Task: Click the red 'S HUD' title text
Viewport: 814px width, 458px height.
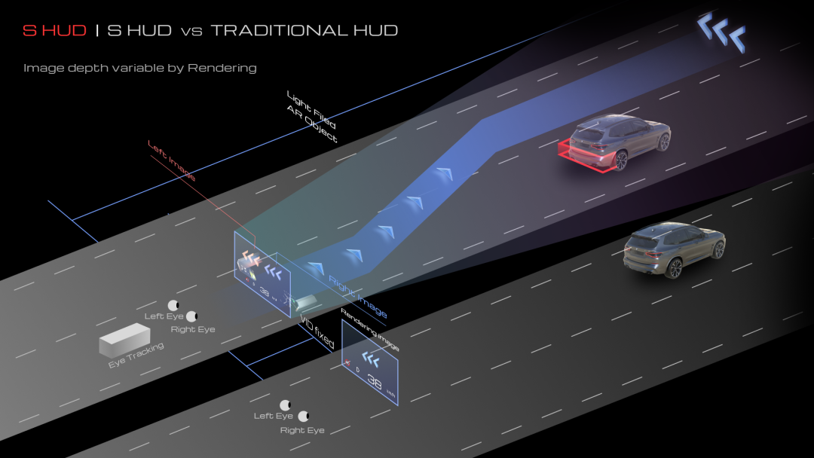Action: click(x=54, y=31)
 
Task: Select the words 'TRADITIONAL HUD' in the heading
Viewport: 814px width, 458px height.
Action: click(x=304, y=31)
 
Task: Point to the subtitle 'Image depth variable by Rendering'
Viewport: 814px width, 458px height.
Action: click(x=140, y=68)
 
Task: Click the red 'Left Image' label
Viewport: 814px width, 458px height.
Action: click(x=172, y=162)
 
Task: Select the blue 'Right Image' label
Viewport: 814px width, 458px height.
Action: click(x=358, y=296)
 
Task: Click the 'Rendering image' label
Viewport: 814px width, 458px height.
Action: click(x=369, y=329)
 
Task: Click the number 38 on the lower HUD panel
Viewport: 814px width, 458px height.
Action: click(x=375, y=382)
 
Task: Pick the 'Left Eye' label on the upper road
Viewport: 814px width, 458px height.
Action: click(x=164, y=316)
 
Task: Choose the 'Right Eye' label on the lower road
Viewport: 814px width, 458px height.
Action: click(x=302, y=430)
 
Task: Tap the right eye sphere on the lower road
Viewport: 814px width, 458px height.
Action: click(x=304, y=416)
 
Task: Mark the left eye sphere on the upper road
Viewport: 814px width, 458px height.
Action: click(x=174, y=305)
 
